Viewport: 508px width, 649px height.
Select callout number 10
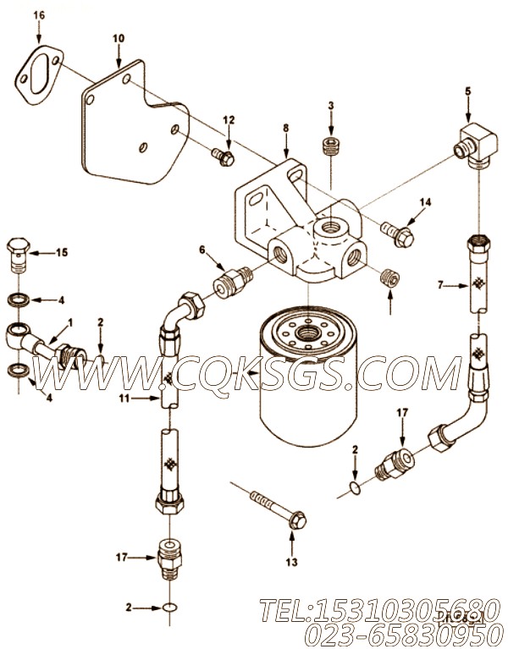click(x=118, y=38)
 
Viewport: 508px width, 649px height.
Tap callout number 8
click(x=285, y=128)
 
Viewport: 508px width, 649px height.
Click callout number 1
click(x=70, y=322)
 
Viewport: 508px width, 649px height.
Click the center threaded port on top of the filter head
click(x=325, y=227)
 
